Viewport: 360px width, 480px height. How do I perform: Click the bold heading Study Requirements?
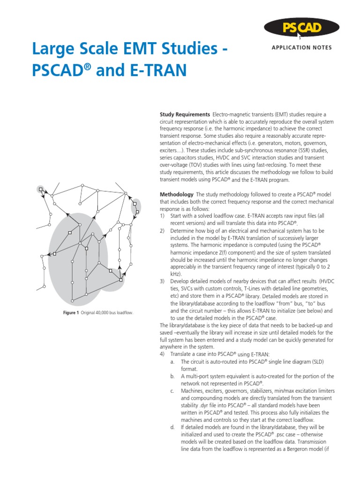click(185, 114)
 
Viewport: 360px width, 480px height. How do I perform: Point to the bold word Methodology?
click(176, 194)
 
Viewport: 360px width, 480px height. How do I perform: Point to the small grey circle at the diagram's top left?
click(41, 190)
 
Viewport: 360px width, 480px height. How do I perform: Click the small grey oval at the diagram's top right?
click(136, 206)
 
